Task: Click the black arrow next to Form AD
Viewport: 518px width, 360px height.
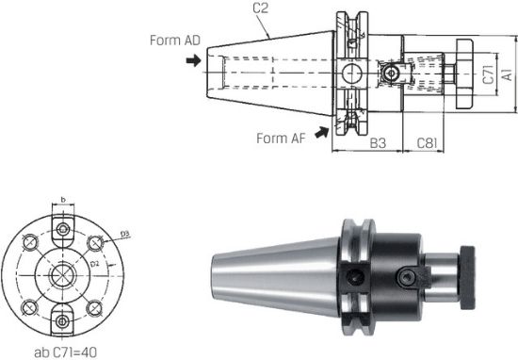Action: tap(193, 60)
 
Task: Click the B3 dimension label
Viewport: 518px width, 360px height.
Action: tap(378, 143)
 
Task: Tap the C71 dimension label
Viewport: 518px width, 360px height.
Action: tap(489, 73)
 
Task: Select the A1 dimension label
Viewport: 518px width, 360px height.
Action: tap(506, 73)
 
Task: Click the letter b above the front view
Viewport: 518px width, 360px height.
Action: tap(61, 201)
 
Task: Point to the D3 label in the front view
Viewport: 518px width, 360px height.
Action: tap(124, 233)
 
